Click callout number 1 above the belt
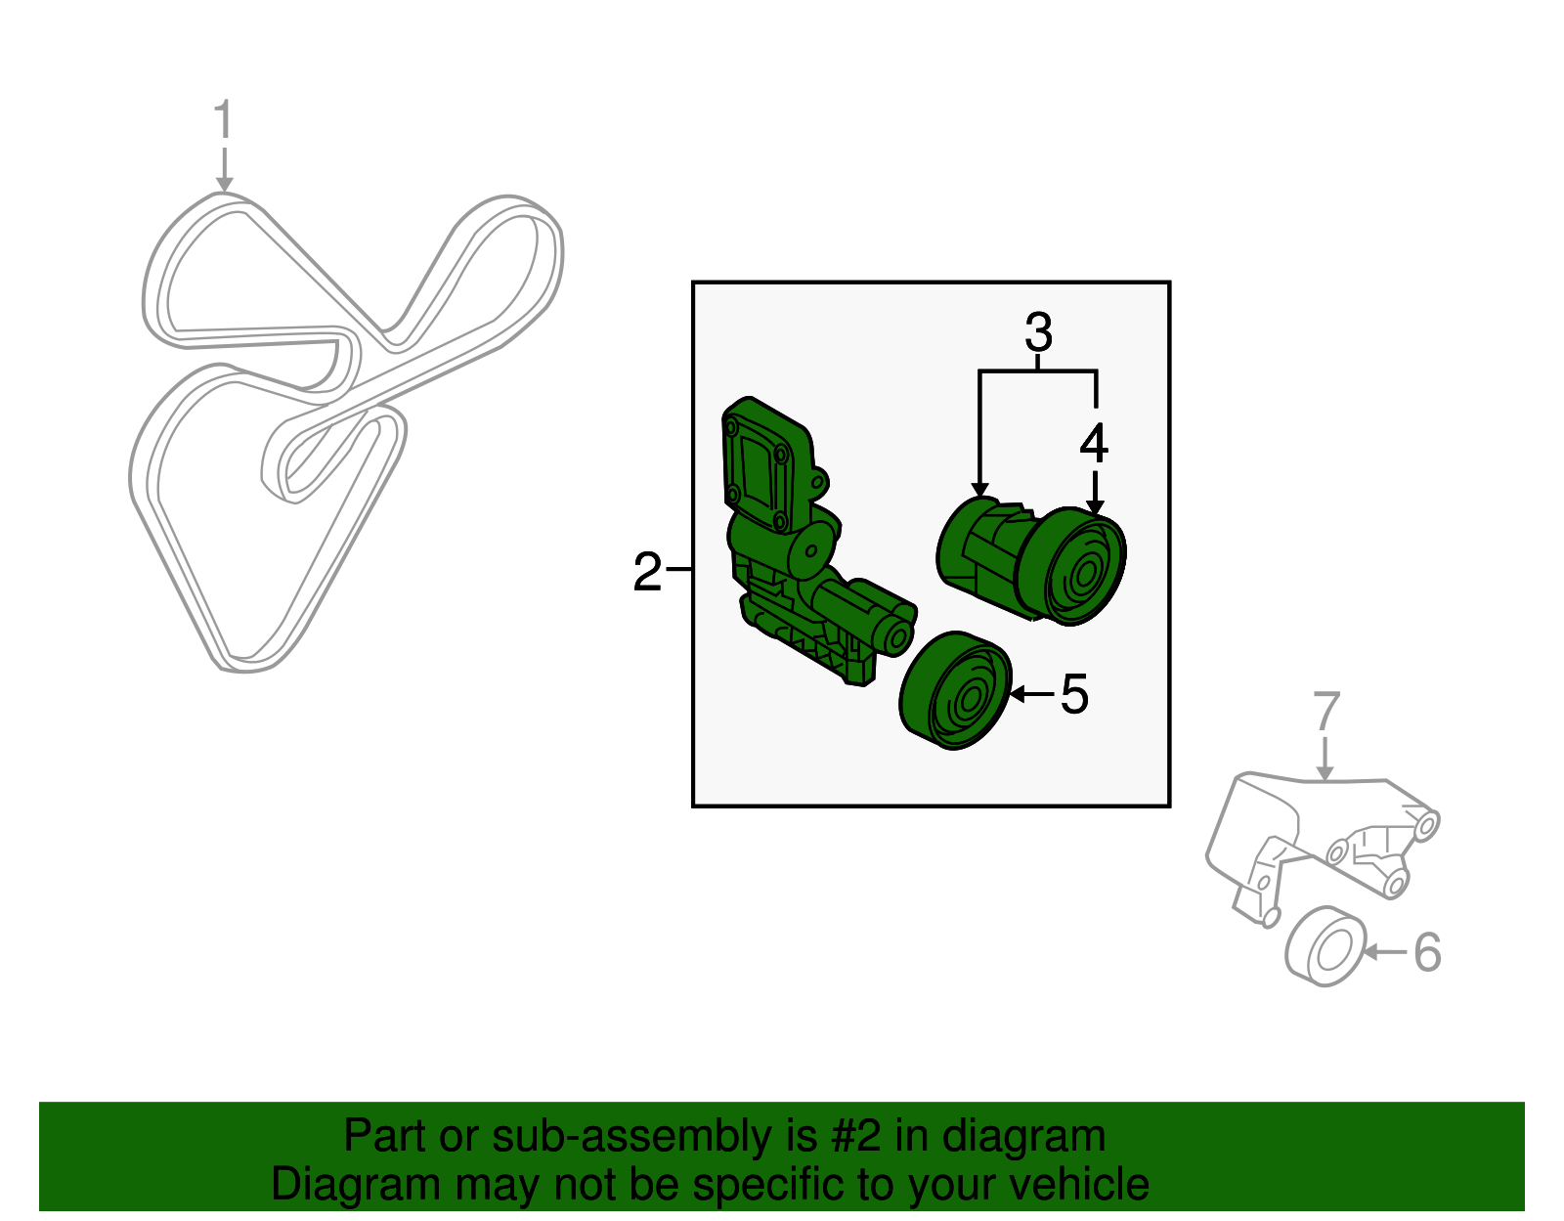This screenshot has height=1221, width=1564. coord(224,120)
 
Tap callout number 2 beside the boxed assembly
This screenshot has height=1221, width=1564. coord(647,572)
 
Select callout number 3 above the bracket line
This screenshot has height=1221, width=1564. coord(1038,332)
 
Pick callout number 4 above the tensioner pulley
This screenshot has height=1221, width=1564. coord(1094,444)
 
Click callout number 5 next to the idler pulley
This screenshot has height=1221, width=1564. coord(1073,694)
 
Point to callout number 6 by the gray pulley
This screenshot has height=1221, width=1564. coord(1427,951)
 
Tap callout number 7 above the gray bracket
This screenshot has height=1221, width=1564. coord(1325,712)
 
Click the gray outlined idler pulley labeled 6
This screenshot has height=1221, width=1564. coord(1325,946)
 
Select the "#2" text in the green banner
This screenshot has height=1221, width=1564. coord(855,1136)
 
